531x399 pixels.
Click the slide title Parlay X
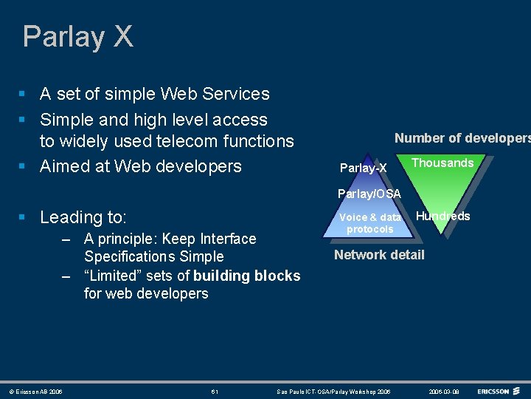click(77, 36)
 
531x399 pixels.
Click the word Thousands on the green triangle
click(442, 163)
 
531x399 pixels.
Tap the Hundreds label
click(443, 216)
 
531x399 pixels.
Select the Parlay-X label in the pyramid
click(363, 168)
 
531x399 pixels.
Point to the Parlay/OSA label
click(369, 194)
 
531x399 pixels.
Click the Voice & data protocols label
click(370, 223)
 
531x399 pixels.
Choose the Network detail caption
click(379, 255)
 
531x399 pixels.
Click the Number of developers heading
click(462, 138)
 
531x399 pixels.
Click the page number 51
click(215, 391)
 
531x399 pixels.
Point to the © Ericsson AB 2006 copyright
click(35, 391)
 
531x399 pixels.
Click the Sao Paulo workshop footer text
click(333, 391)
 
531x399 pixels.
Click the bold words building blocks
click(246, 276)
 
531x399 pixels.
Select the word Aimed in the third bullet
click(65, 166)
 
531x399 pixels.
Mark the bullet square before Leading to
click(24, 217)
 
